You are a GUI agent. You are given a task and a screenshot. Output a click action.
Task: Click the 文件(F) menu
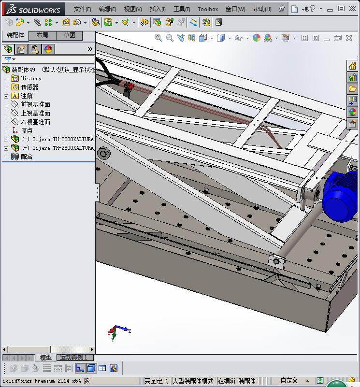[82, 9]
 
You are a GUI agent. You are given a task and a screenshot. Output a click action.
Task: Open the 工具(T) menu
[182, 9]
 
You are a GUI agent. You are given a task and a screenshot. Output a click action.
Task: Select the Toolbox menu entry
[208, 9]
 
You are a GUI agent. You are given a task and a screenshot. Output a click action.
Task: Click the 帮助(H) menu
[262, 9]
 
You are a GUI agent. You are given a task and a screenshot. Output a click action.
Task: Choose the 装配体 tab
[15, 35]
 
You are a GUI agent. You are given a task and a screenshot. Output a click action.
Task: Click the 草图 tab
[70, 35]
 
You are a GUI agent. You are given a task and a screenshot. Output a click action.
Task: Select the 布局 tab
[43, 35]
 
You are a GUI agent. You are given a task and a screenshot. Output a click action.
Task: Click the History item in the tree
[31, 78]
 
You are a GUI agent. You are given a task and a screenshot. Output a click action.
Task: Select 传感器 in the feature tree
[29, 87]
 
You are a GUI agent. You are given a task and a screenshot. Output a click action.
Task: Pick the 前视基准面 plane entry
[35, 104]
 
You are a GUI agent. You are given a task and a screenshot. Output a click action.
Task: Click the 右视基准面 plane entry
[35, 122]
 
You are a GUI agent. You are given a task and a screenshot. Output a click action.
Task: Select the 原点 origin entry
[27, 130]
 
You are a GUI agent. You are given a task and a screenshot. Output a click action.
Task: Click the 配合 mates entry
[27, 157]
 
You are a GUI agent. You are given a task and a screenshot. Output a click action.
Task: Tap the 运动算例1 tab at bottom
[73, 358]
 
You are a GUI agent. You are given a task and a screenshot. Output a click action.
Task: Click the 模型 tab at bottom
[45, 358]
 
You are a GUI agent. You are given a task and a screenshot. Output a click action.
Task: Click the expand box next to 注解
[6, 96]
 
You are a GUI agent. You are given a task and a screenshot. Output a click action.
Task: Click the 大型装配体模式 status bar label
[193, 381]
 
